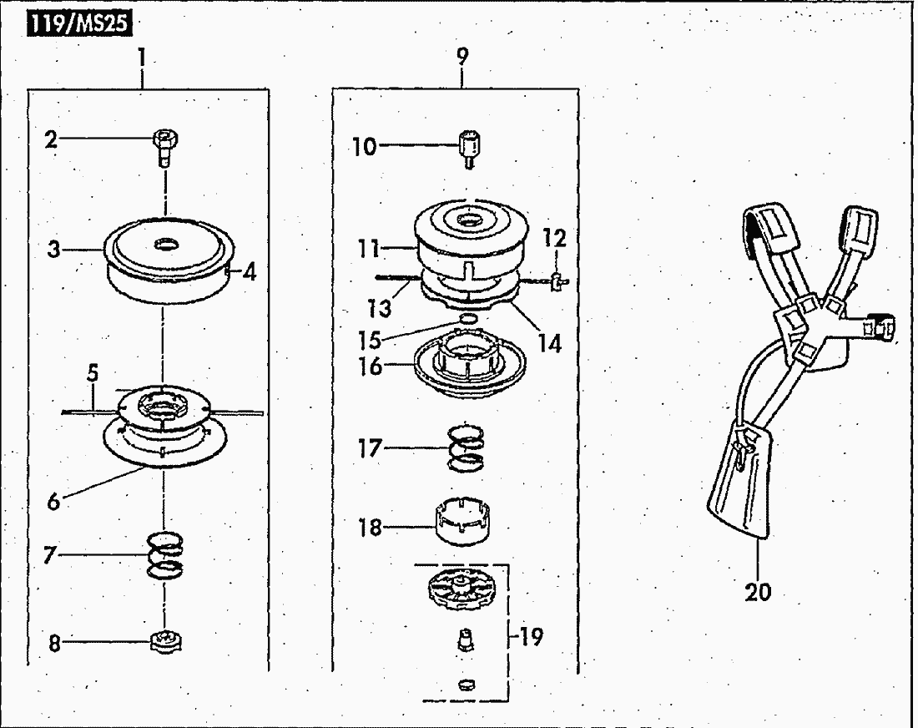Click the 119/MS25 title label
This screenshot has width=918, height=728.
tap(79, 24)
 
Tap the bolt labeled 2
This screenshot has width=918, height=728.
tap(165, 148)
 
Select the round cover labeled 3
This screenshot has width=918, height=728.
tap(169, 259)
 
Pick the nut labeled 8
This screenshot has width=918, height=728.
tap(166, 642)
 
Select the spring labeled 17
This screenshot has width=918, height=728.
tap(466, 447)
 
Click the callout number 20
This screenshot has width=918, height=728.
tap(758, 592)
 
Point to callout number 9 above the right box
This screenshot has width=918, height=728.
tap(462, 56)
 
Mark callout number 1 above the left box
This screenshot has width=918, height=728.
tap(141, 58)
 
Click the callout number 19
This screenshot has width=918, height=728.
tap(531, 637)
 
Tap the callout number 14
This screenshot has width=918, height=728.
tap(550, 344)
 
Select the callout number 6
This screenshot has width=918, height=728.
tap(53, 502)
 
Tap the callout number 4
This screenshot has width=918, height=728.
tap(250, 273)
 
